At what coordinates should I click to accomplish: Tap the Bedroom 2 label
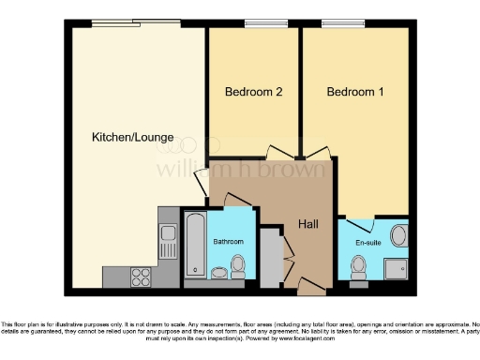click(x=253, y=92)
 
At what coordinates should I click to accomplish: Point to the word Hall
click(x=309, y=225)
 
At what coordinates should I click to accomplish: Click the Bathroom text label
click(x=228, y=242)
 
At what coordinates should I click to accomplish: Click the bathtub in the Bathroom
click(x=196, y=244)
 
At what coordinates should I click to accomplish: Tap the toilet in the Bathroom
click(x=237, y=266)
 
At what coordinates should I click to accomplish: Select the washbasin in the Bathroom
click(x=217, y=273)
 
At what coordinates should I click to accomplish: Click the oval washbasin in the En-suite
click(x=398, y=234)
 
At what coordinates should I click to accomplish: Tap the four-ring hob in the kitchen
click(x=142, y=276)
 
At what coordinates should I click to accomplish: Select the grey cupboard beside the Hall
click(x=270, y=257)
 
